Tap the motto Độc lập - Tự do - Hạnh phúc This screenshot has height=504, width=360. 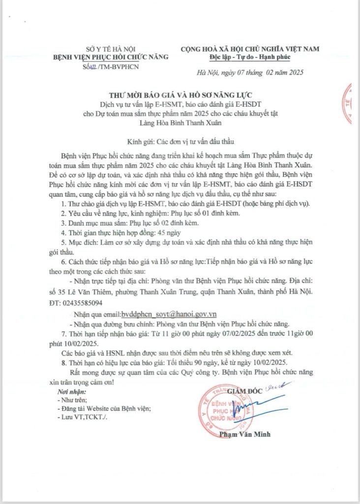250,58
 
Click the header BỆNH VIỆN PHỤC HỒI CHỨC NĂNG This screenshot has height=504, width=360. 111,57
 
